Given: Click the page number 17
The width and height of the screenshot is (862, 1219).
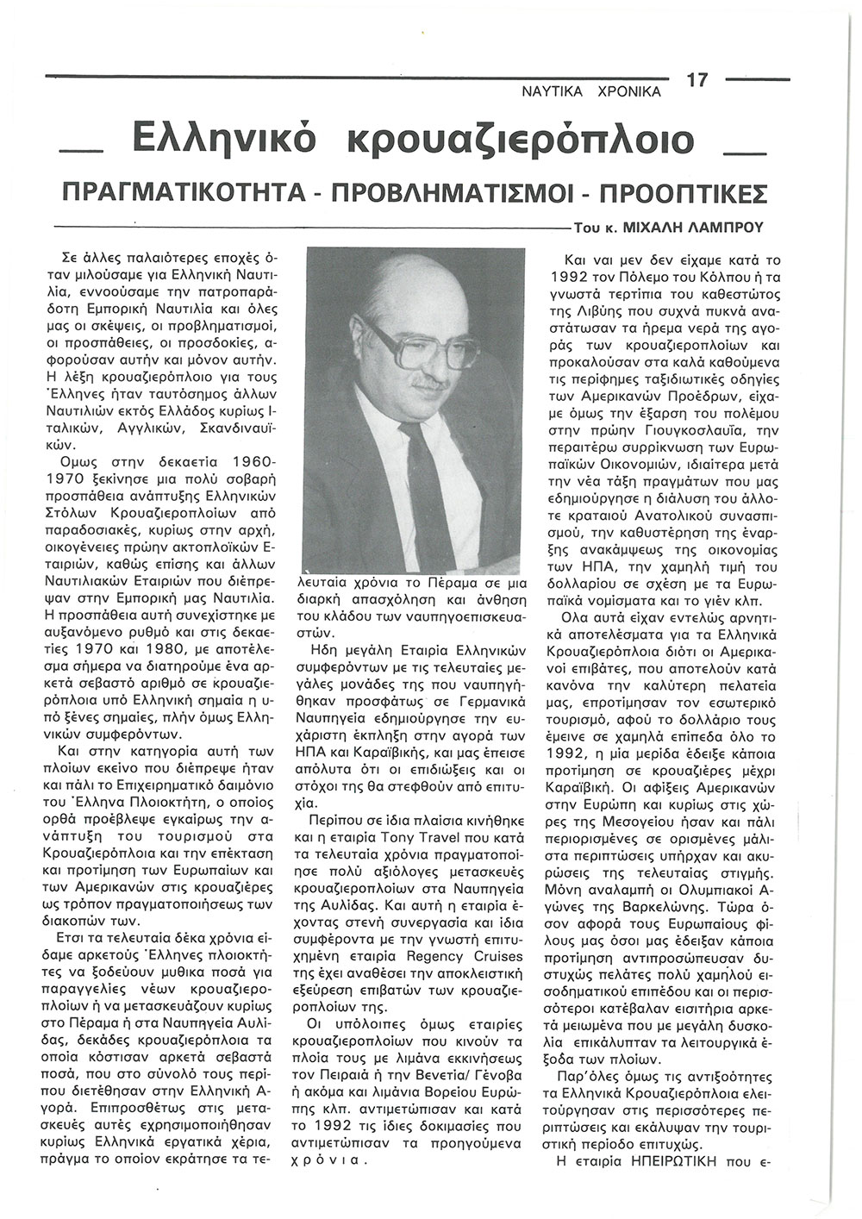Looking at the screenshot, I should tap(696, 80).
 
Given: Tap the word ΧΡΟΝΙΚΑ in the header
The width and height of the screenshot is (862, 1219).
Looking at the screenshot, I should tap(628, 91).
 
